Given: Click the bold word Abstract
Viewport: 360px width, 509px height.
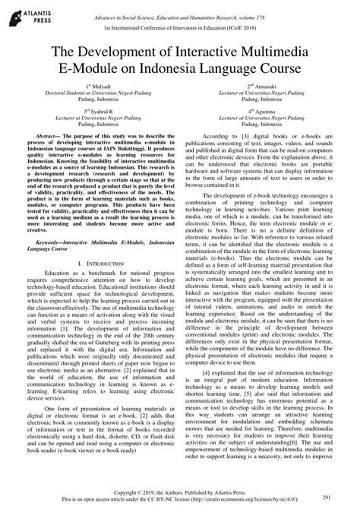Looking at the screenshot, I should [43, 134].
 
